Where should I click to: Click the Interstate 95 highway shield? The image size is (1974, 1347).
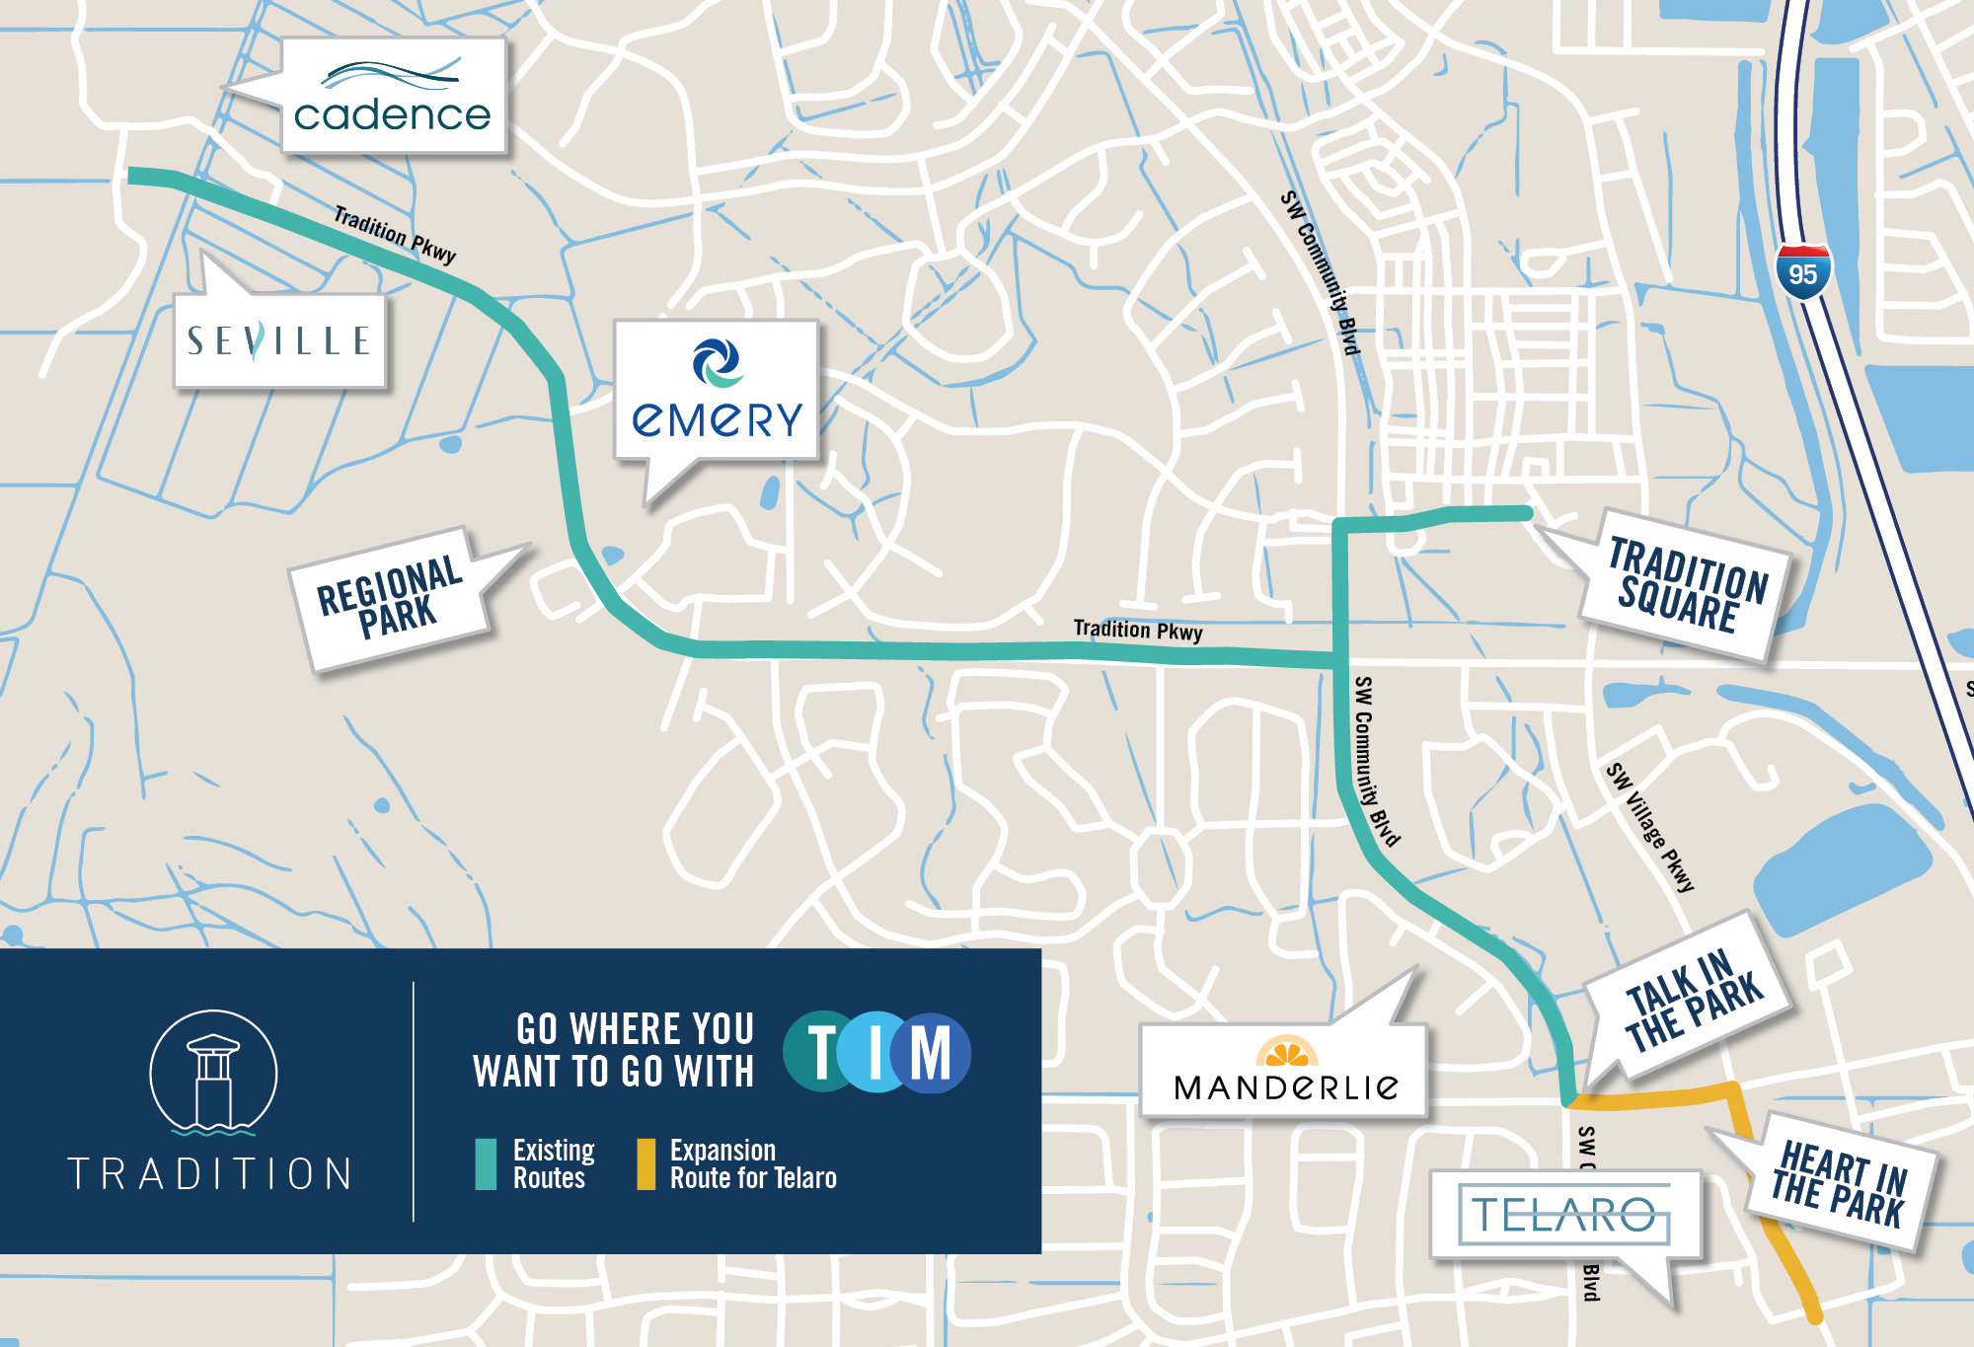pos(1802,273)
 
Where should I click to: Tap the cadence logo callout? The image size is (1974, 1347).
pos(393,96)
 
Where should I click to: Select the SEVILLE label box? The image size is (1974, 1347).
pos(279,340)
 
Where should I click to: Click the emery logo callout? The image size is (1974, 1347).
pos(717,391)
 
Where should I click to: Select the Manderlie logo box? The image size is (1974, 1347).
pos(1285,1072)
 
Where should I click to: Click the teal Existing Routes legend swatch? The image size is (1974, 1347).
pos(486,1164)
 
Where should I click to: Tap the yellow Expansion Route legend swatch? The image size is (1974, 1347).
pos(646,1164)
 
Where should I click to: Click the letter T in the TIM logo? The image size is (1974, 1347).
pos(821,1052)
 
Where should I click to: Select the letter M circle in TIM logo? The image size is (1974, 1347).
pos(932,1052)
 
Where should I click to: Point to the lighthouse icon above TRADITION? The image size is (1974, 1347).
pos(213,1074)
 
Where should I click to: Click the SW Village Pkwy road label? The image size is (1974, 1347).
pos(1649,827)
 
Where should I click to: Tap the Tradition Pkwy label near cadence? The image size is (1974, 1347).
pos(394,234)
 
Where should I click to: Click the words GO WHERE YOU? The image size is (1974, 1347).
pos(635,1029)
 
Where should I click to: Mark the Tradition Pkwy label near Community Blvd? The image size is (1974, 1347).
pos(1137,630)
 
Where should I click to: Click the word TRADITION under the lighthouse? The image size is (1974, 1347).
pos(210,1174)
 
